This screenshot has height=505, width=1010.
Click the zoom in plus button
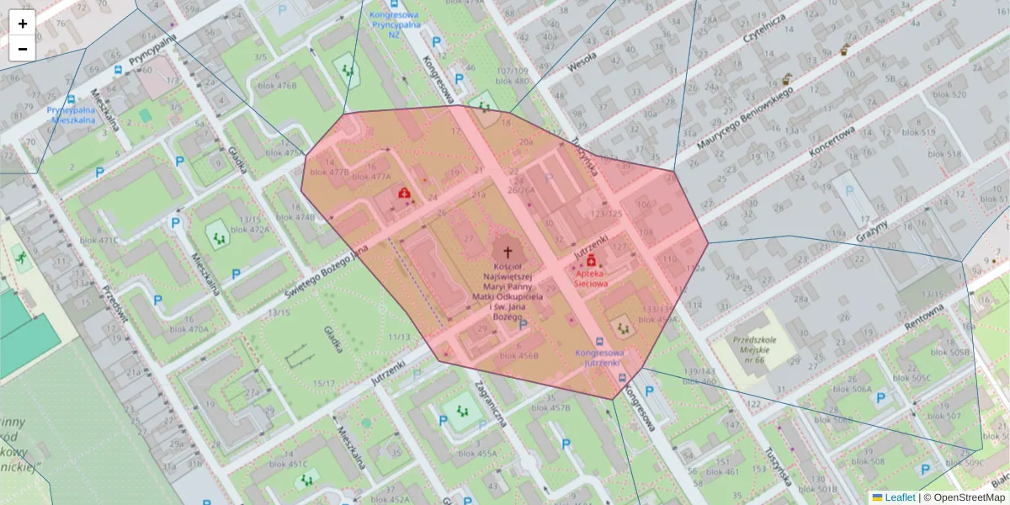(x=23, y=24)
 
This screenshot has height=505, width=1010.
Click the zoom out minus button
(x=23, y=49)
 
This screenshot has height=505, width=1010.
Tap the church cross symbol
(x=507, y=251)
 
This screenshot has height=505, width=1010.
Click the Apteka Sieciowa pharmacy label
(x=591, y=279)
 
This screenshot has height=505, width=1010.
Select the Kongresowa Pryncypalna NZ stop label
(x=394, y=25)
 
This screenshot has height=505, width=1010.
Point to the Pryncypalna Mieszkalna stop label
(x=74, y=115)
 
